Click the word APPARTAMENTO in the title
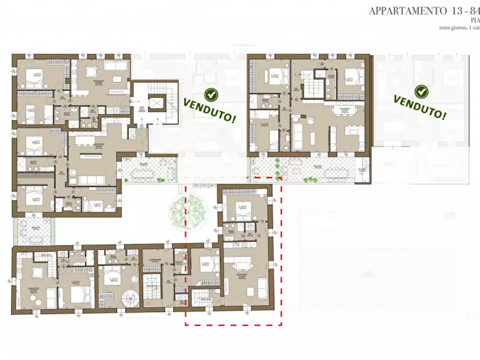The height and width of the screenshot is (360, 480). coord(407,11)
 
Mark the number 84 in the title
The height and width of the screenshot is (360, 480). coord(473,11)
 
